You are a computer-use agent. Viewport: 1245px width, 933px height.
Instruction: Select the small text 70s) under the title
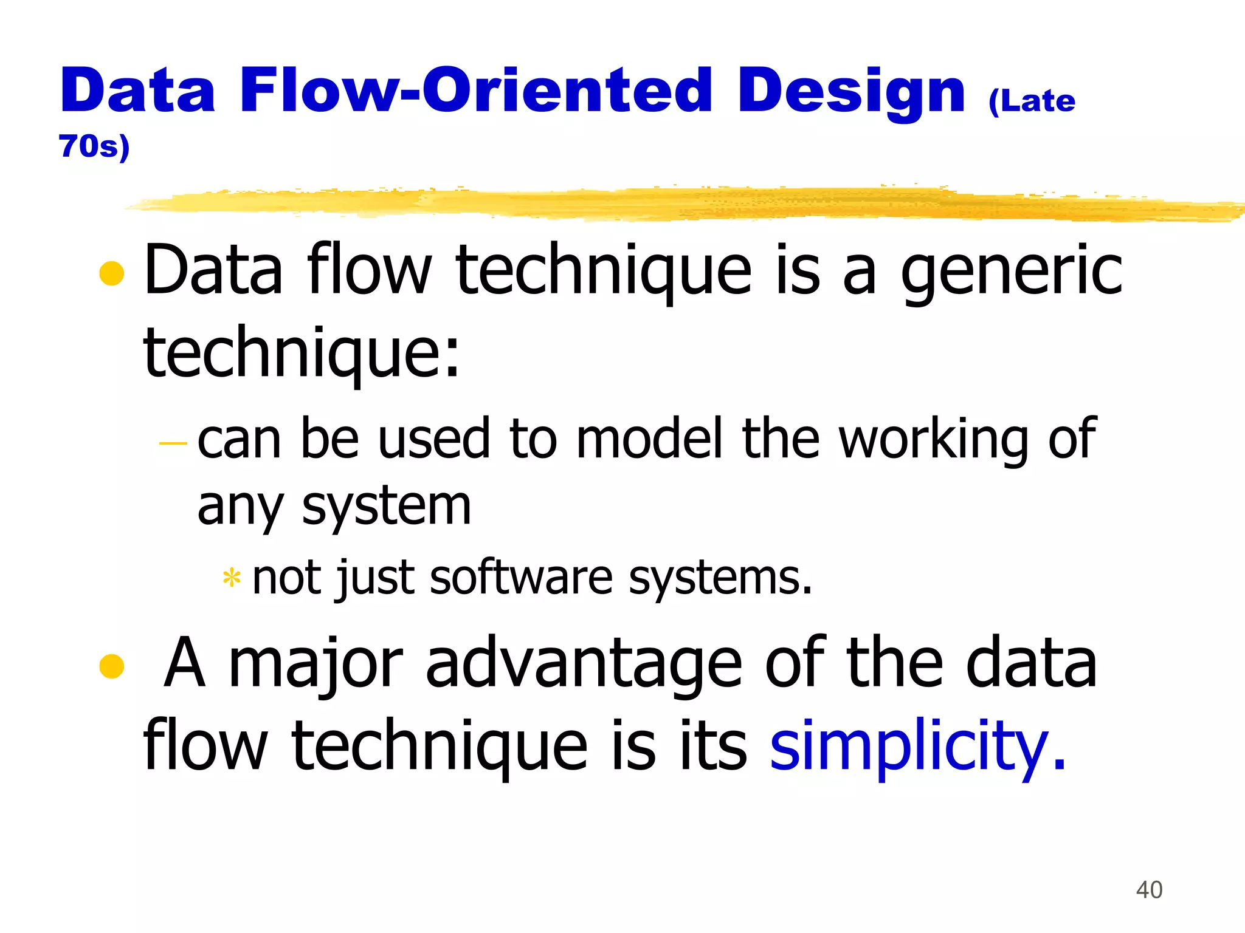click(94, 146)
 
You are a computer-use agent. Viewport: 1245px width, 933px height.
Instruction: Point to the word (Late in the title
click(1032, 101)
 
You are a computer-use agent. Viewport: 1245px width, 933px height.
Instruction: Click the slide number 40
click(1149, 890)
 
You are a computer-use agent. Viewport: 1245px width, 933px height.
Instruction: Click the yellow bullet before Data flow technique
click(112, 273)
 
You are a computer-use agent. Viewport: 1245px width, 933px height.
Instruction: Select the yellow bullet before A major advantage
click(112, 666)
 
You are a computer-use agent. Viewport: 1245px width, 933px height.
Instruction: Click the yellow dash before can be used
click(173, 443)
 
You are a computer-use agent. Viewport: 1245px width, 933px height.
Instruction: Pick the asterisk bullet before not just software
click(232, 578)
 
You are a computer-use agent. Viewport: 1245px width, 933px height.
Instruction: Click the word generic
click(1011, 272)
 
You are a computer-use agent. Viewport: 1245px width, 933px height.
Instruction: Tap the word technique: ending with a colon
click(301, 354)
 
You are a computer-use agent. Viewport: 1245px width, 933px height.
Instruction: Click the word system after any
click(387, 508)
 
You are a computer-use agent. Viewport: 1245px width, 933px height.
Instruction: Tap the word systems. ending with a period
click(720, 579)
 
